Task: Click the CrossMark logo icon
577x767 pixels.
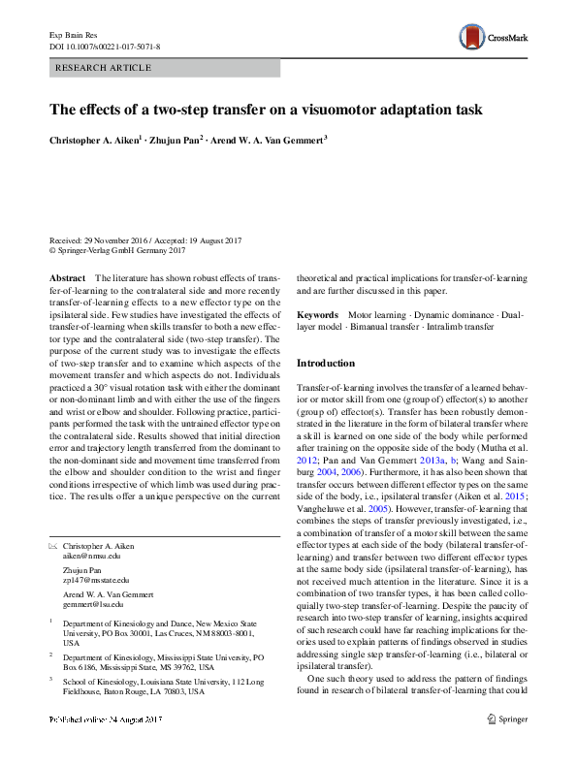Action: [472, 37]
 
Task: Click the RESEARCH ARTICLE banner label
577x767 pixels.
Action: [105, 68]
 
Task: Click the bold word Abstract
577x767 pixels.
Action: [66, 278]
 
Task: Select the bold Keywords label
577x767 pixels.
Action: [317, 315]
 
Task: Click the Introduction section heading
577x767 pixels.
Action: [326, 363]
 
